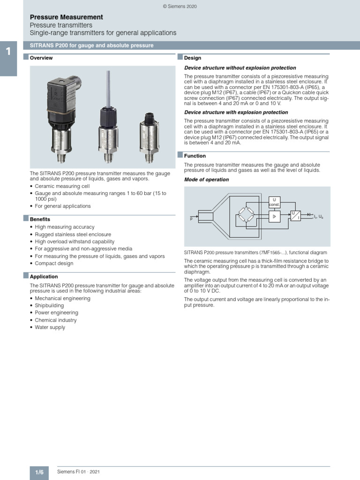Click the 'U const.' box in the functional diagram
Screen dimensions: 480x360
[x=274, y=202]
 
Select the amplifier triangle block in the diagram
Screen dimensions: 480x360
[x=274, y=216]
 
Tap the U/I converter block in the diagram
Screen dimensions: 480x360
[x=295, y=216]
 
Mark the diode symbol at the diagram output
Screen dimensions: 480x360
[x=308, y=215]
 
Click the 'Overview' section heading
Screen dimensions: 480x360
[x=41, y=58]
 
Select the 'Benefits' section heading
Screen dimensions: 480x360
[x=40, y=219]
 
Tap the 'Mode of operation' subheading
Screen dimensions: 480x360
[x=206, y=180]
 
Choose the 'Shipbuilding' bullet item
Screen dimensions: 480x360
[x=50, y=306]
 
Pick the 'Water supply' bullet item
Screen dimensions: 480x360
[x=50, y=327]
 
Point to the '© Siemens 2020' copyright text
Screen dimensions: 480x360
[x=180, y=6]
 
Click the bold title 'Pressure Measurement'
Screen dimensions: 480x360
[x=66, y=17]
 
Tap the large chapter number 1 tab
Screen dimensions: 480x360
[x=8, y=51]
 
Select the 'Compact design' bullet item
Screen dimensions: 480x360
[x=54, y=263]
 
